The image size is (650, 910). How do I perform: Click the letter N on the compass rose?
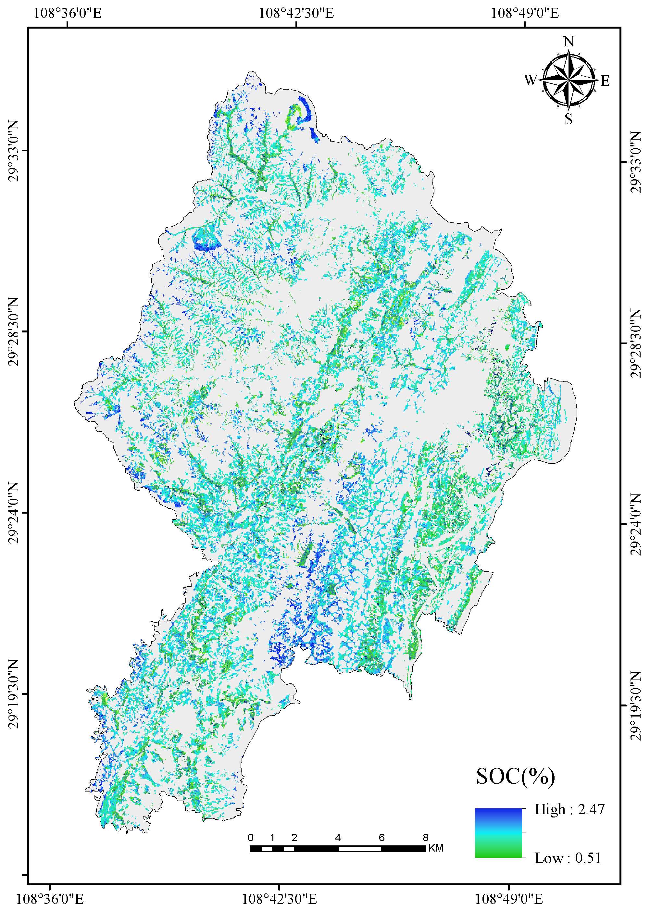(x=569, y=42)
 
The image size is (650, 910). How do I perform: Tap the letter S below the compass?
(x=569, y=119)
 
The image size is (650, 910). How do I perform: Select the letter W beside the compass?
(x=531, y=80)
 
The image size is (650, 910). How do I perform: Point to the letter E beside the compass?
(x=605, y=81)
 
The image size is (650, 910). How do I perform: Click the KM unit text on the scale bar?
(x=436, y=848)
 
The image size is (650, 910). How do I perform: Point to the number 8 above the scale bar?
(x=425, y=838)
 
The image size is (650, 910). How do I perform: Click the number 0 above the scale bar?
(x=251, y=838)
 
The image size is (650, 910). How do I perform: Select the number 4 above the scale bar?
(x=338, y=838)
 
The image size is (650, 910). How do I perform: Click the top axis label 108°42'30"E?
(x=296, y=13)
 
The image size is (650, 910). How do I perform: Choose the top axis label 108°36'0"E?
(x=67, y=13)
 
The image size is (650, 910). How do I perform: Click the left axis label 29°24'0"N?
(x=13, y=513)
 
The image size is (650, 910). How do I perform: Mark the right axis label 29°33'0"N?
(x=636, y=162)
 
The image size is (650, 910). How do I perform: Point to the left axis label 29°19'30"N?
(x=13, y=694)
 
